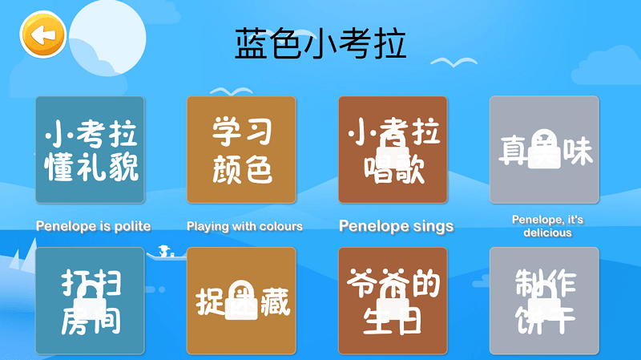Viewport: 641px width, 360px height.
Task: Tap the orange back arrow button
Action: tap(42, 35)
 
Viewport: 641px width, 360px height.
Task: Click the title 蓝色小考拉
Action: tap(320, 44)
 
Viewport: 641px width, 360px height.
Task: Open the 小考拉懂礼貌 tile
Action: tap(90, 150)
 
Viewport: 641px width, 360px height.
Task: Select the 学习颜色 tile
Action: tap(241, 150)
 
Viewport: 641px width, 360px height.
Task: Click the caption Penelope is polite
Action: tap(93, 226)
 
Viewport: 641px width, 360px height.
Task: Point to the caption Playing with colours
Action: tap(244, 226)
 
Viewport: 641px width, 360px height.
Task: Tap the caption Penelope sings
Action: tap(396, 226)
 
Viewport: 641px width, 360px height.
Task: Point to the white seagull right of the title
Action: tap(453, 62)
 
